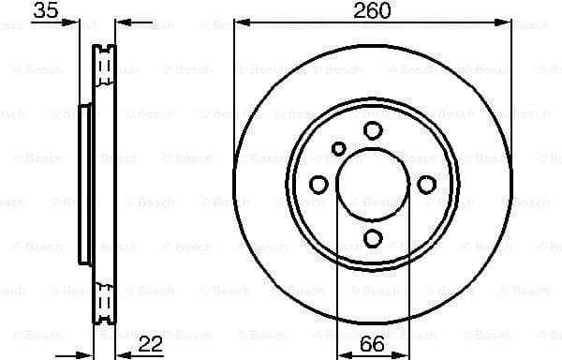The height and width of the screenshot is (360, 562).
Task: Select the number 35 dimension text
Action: click(x=45, y=11)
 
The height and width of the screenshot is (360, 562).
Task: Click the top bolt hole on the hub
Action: click(x=373, y=129)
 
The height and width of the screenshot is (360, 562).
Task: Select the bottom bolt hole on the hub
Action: click(x=373, y=238)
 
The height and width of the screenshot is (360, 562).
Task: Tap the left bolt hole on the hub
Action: click(x=318, y=184)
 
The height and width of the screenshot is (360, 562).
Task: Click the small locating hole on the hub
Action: click(x=339, y=146)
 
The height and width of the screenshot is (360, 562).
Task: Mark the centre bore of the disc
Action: click(x=373, y=184)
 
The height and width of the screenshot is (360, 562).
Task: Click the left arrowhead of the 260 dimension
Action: click(x=240, y=24)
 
